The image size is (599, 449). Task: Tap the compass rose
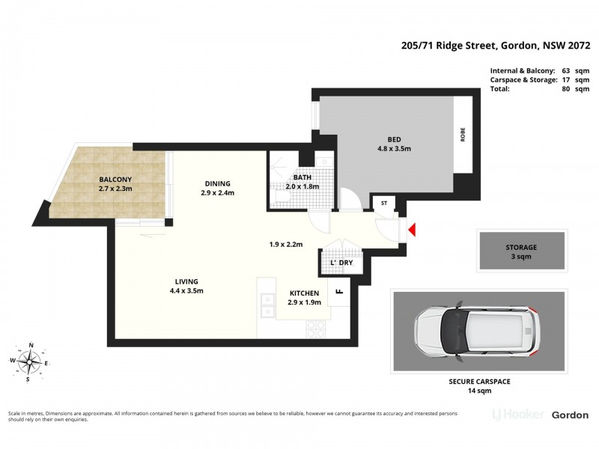31,362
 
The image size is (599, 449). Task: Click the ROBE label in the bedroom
463,134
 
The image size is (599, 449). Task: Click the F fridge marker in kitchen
338,292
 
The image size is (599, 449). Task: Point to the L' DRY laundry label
341,263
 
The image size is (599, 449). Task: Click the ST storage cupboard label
384,202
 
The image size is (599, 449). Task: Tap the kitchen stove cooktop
316,328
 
